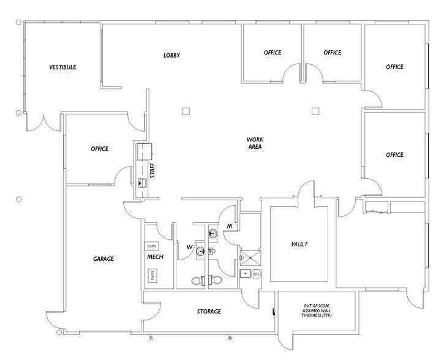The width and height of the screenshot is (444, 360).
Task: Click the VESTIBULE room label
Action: click(62, 67)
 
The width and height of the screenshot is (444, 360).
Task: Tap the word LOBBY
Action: click(171, 56)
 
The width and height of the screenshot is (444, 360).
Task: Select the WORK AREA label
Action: click(255, 143)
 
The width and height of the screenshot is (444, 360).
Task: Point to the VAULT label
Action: click(299, 244)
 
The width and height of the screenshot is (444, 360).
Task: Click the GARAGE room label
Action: click(103, 259)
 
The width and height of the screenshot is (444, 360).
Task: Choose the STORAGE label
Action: click(209, 312)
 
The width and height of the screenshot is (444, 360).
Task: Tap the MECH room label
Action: click(154, 257)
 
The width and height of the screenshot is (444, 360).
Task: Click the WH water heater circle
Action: click(257, 274)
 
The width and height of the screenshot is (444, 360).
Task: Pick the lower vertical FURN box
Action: click(151, 276)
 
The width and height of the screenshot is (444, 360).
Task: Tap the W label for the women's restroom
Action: click(189, 247)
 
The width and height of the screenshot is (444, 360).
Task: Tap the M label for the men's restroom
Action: click(229, 227)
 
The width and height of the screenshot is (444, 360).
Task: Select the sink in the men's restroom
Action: click(213, 233)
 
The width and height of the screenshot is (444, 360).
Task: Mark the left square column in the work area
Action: click(185, 111)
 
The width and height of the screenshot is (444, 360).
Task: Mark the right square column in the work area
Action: click(315, 111)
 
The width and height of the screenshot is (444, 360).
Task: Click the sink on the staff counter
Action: click(142, 182)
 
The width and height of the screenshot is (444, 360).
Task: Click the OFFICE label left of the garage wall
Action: click(99, 149)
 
